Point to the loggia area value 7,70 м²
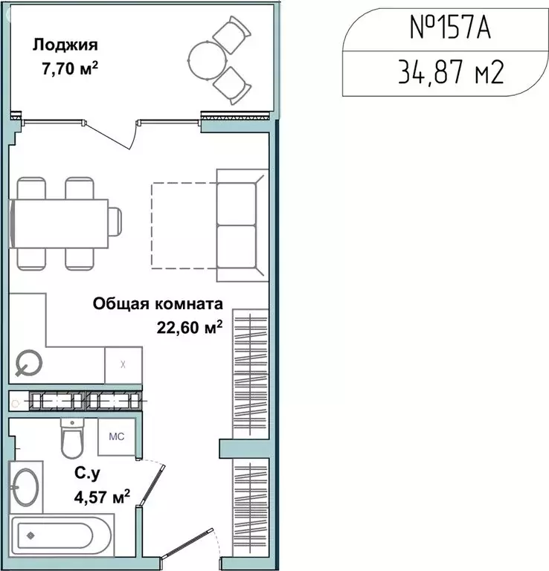pyautogui.click(x=71, y=68)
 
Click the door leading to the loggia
pyautogui.click(x=119, y=134)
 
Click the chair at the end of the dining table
pyautogui.click(x=115, y=222)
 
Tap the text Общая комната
pyautogui.click(x=158, y=303)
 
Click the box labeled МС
pyautogui.click(x=117, y=436)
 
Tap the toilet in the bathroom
pyautogui.click(x=72, y=440)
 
